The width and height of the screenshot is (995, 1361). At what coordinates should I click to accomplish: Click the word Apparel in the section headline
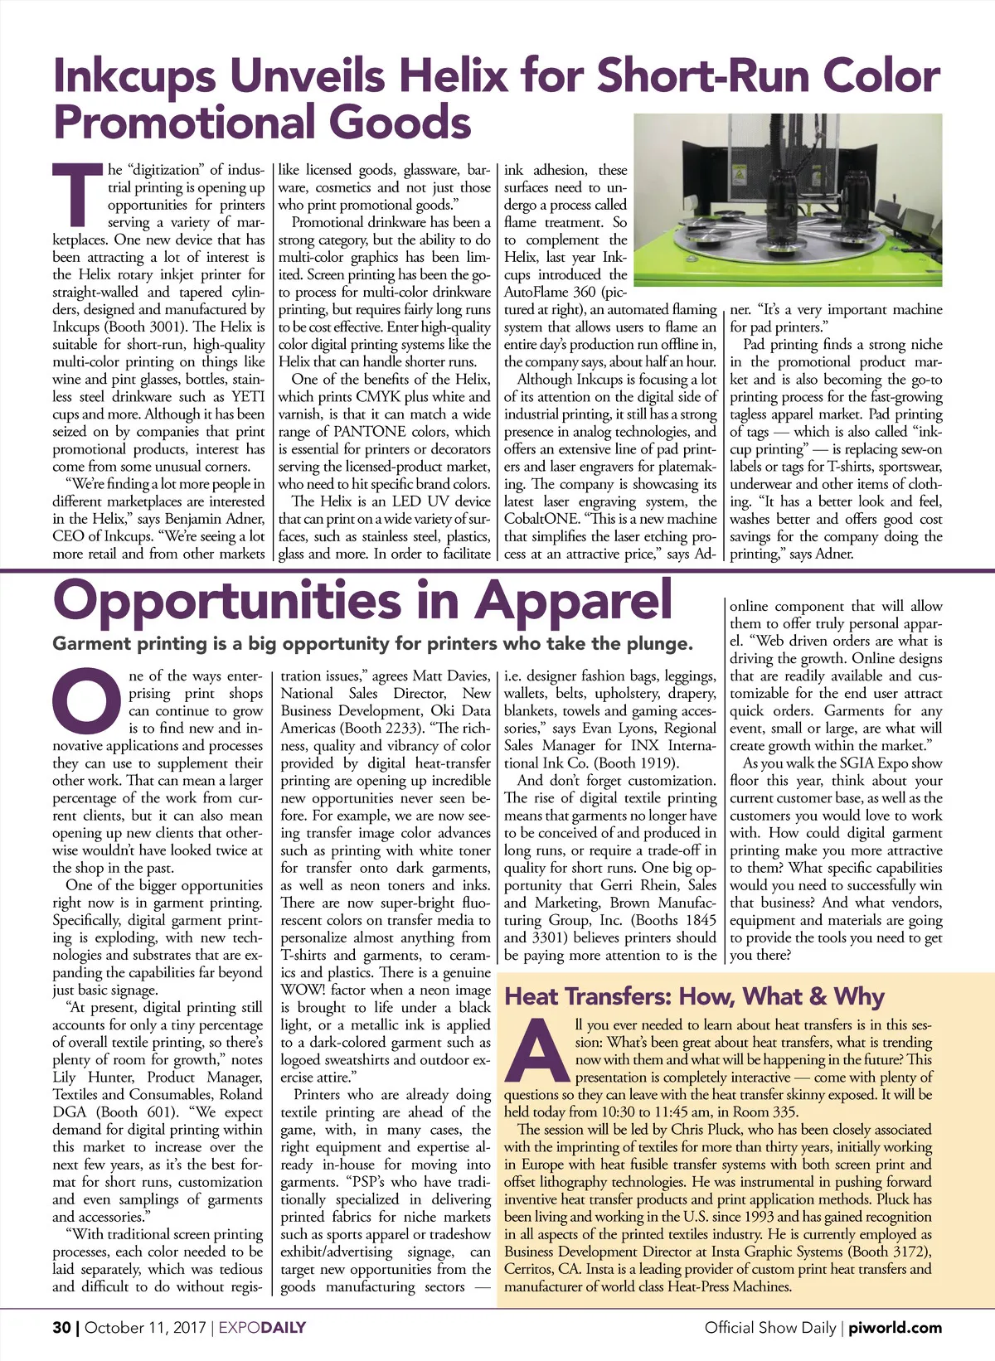tap(572, 600)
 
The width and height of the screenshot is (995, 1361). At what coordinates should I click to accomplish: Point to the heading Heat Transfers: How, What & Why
tap(695, 996)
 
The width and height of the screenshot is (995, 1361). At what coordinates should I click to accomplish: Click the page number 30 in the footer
tap(61, 1328)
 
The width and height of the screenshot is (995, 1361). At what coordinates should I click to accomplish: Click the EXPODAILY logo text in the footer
tap(262, 1328)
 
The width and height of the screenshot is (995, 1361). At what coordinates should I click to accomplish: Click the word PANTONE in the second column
tap(370, 431)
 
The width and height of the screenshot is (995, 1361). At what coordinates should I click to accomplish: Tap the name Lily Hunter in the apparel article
tap(93, 1077)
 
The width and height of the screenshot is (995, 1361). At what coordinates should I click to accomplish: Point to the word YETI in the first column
tap(248, 396)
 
